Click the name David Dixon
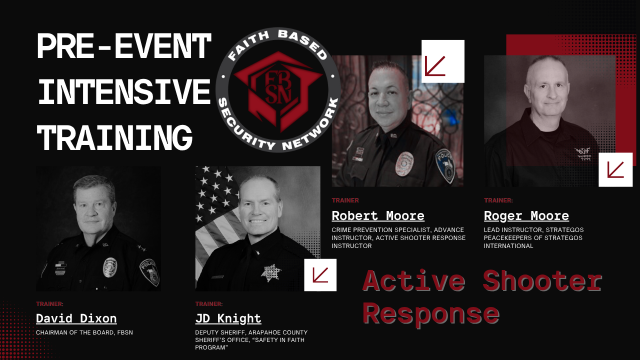tap(76, 318)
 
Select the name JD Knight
tap(228, 319)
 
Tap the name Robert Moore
tap(378, 216)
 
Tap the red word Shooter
tap(542, 280)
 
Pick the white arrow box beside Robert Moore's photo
tap(443, 61)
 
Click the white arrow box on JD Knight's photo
tap(320, 275)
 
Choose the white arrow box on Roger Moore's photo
tap(615, 169)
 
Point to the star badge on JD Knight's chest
tap(271, 273)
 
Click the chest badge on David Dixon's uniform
tap(110, 267)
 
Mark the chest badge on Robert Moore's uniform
tap(404, 163)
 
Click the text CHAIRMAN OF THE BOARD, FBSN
tap(84, 332)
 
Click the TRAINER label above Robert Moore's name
tap(345, 200)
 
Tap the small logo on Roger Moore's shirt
tap(582, 154)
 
